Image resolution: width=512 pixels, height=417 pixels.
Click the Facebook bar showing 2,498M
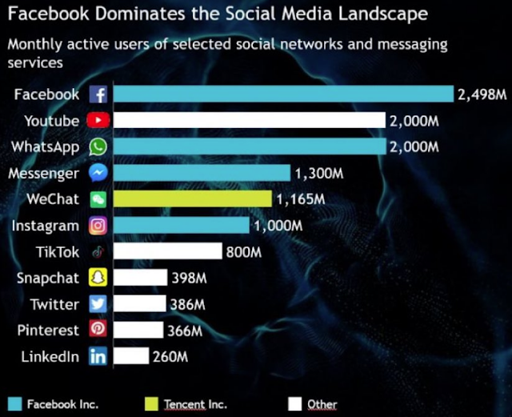pos(283,94)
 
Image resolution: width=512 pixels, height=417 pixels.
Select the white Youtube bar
pos(250,120)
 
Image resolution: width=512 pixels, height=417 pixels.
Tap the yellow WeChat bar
pos(193,199)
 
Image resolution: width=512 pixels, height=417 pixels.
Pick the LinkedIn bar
pos(131,356)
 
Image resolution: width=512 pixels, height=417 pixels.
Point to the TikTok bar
pos(168,251)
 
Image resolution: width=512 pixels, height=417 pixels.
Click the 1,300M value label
pos(319,173)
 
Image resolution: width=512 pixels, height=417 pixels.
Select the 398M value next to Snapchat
pos(190,278)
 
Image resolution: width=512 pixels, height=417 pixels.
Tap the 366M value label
pos(185,331)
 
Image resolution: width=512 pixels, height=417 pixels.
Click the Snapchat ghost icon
pos(98,278)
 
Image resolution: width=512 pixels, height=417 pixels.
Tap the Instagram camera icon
pos(98,226)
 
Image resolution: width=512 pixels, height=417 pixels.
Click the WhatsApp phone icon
pos(98,146)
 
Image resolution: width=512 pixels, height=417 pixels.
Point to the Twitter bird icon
pos(98,304)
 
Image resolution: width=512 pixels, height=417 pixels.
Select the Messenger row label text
pos(44,174)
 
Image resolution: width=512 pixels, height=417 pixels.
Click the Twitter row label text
pos(55,304)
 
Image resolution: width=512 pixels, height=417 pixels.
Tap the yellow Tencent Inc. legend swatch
pos(151,404)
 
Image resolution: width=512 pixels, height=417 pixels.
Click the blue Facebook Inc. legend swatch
pos(15,404)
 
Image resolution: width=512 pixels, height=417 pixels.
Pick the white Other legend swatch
pos(295,404)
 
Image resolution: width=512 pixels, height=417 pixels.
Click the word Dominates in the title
pos(141,14)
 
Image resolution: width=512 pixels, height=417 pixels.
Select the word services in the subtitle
pos(35,62)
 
